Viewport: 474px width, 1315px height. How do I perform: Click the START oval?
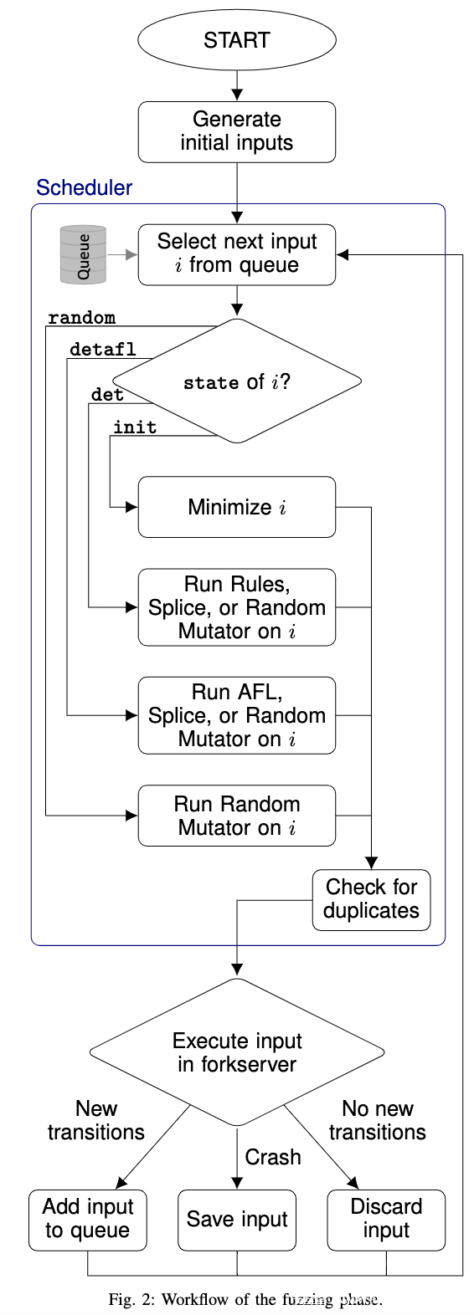[237, 40]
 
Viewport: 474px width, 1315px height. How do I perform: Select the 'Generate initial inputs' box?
[237, 131]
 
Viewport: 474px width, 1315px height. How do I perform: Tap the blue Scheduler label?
[84, 187]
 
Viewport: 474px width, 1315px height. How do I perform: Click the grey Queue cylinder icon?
[84, 254]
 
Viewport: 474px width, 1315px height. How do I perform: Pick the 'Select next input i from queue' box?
[237, 254]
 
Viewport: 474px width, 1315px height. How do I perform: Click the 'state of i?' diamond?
[237, 381]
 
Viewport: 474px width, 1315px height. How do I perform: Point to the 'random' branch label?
[81, 318]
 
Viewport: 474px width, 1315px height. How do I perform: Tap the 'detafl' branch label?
[103, 350]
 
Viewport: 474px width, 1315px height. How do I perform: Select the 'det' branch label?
[107, 394]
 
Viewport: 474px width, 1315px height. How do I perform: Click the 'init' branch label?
[135, 427]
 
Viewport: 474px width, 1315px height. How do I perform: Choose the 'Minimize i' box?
[237, 507]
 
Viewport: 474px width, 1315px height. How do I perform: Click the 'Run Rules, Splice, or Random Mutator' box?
[237, 607]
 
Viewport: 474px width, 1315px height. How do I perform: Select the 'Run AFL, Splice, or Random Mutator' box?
[237, 715]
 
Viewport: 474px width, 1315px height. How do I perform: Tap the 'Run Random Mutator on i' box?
[237, 816]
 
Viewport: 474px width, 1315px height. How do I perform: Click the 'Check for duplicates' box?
[371, 900]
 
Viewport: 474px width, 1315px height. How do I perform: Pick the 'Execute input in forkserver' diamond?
[237, 1052]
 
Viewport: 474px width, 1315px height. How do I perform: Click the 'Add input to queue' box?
[88, 1220]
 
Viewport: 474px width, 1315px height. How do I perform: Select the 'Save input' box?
[237, 1220]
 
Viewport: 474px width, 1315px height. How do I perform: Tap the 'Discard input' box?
[386, 1220]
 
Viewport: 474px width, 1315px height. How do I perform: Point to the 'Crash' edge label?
[272, 1157]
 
